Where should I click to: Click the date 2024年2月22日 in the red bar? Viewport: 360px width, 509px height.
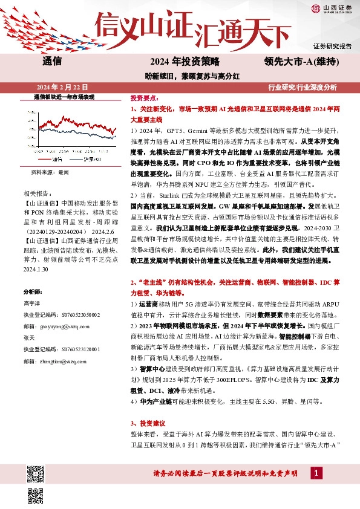54,87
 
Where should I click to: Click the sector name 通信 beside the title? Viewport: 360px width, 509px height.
53,61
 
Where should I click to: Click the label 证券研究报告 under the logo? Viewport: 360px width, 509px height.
332,46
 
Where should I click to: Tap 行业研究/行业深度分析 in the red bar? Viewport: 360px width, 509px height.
303,87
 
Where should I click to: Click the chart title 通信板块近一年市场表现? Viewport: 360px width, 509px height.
64,97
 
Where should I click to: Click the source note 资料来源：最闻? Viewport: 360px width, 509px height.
50,172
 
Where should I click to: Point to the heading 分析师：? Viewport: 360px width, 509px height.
33,291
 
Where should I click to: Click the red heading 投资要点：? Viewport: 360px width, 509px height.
145,97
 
